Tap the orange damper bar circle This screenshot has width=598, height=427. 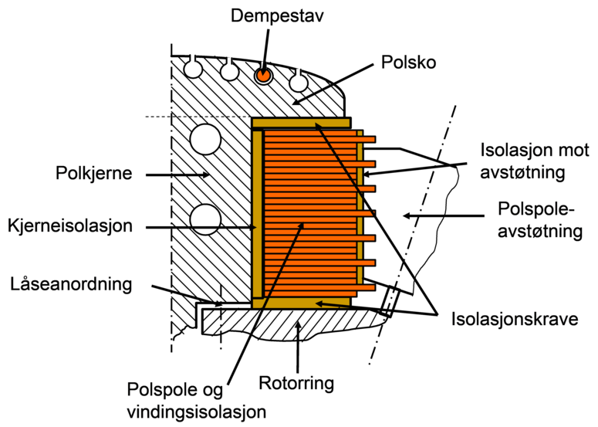tap(264, 75)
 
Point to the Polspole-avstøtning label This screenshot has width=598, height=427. tap(539, 220)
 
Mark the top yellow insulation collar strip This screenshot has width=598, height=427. tap(301, 122)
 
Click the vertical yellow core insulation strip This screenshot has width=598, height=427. tap(257, 212)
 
